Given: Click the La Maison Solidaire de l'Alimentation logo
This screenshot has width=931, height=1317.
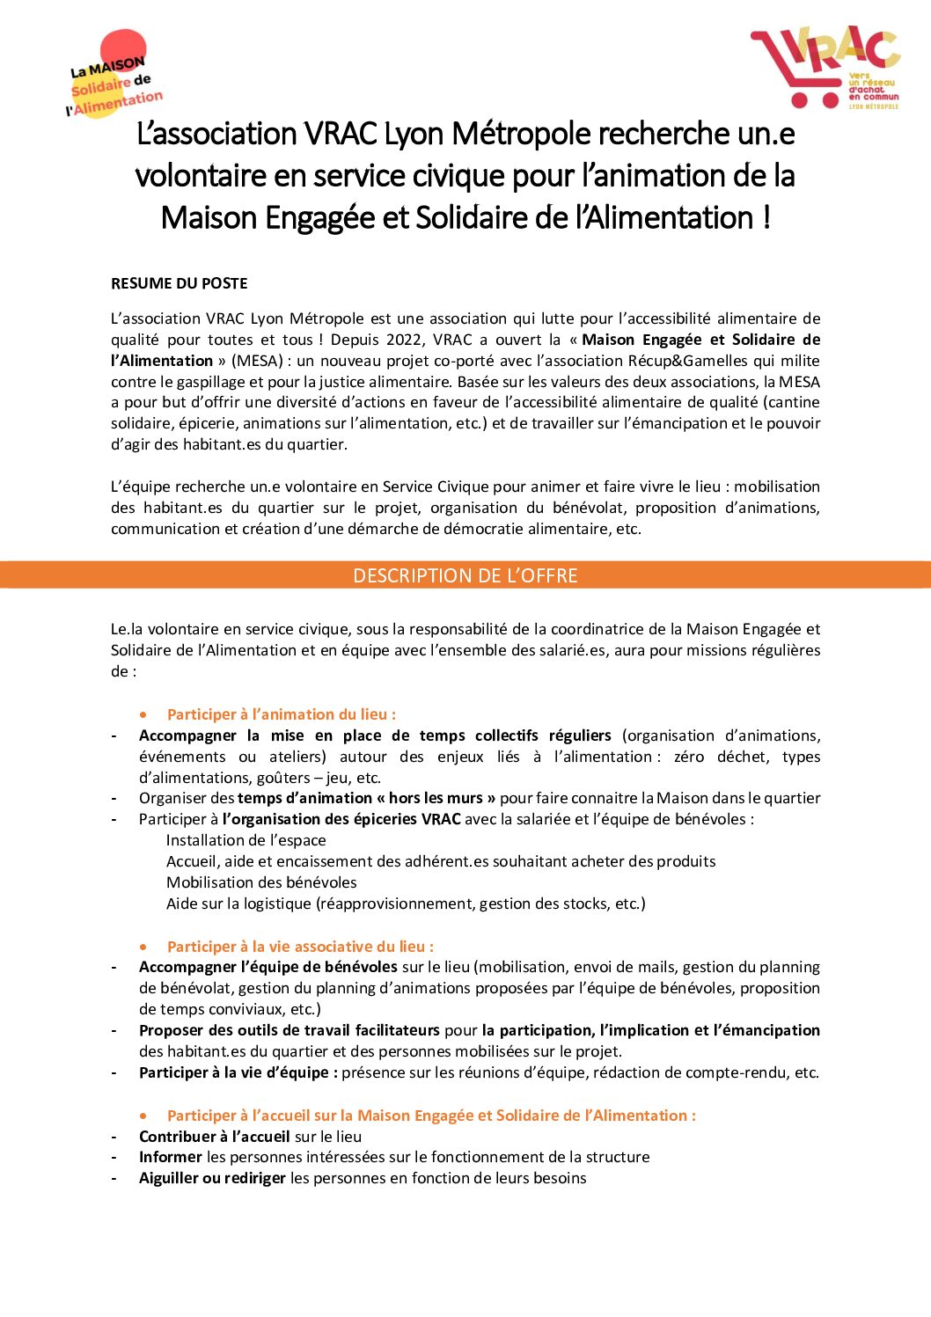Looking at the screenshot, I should pyautogui.click(x=114, y=77).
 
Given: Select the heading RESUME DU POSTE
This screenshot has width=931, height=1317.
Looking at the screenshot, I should pyautogui.click(x=179, y=283).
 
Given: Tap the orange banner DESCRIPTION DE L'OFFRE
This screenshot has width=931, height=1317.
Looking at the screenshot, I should pyautogui.click(x=465, y=575).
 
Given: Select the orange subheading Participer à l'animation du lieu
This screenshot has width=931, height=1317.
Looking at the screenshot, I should pyautogui.click(x=282, y=714).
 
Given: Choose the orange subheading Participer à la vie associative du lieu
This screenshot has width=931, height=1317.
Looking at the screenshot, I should pyautogui.click(x=300, y=947).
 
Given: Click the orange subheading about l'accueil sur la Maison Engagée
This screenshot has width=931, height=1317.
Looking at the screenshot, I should pyautogui.click(x=431, y=1116).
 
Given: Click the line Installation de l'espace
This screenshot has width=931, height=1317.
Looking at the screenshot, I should pyautogui.click(x=246, y=840).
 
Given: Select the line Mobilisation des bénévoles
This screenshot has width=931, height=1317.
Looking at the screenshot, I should pyautogui.click(x=261, y=882).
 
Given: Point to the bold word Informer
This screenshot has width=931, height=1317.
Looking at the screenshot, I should pyautogui.click(x=171, y=1157).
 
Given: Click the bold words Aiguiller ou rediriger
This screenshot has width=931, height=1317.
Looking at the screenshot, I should pyautogui.click(x=212, y=1178).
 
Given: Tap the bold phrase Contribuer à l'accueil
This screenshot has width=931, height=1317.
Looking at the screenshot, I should pyautogui.click(x=214, y=1136).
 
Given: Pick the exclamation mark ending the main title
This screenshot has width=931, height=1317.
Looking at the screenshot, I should pyautogui.click(x=767, y=218).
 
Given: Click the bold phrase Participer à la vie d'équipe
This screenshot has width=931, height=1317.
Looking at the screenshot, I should pyautogui.click(x=238, y=1072).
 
